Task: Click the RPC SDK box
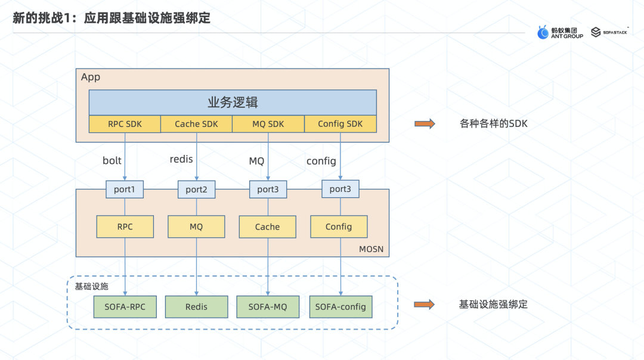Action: coord(125,124)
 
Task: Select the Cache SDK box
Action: coord(196,124)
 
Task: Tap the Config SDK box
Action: coord(340,124)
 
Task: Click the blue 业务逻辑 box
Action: coord(233,102)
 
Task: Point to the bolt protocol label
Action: coord(112,160)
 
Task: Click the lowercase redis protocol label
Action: coord(181,159)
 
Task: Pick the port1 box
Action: coord(125,190)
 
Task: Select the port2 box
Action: coord(196,190)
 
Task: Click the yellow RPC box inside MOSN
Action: coord(125,226)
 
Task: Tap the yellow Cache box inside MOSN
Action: coord(267,226)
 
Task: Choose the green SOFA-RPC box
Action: coord(125,306)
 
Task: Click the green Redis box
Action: coord(196,306)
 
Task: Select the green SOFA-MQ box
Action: coord(267,306)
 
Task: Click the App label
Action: coord(91,77)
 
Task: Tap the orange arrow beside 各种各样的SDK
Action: coord(425,124)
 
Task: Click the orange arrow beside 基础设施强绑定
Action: coord(425,305)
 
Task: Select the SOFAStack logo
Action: coord(608,32)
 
